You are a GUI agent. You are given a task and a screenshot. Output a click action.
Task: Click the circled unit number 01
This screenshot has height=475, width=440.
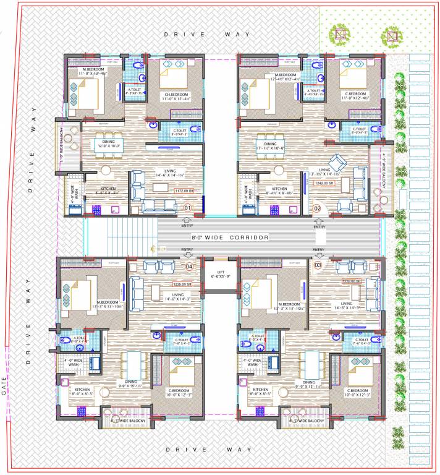click(x=188, y=208)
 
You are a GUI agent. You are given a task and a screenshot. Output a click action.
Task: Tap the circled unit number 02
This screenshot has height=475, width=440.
click(x=317, y=208)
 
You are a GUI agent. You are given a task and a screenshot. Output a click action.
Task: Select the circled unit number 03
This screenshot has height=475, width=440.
click(x=318, y=265)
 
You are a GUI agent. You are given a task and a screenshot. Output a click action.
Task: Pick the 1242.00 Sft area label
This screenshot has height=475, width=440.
click(x=324, y=184)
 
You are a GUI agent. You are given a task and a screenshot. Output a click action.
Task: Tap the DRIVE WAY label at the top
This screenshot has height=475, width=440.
click(x=207, y=34)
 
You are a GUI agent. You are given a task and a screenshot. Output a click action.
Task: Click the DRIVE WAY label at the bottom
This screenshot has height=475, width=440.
click(x=208, y=449)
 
